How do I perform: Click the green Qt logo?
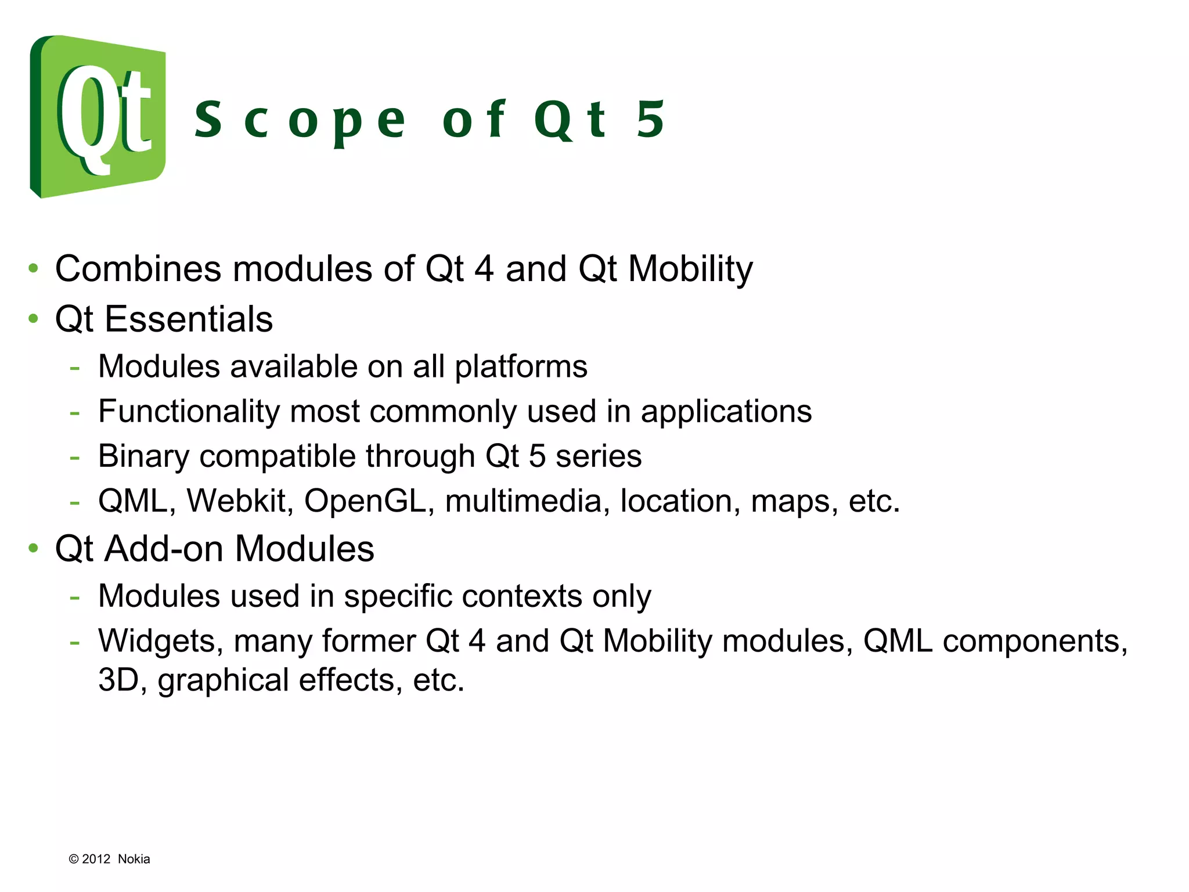click(x=98, y=116)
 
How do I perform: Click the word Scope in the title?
click(x=300, y=120)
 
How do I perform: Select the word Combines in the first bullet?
click(x=138, y=269)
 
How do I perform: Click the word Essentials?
click(x=188, y=319)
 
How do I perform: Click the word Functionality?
click(x=189, y=412)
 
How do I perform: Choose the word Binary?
click(x=143, y=456)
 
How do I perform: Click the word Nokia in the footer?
click(x=134, y=859)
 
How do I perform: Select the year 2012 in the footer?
click(x=96, y=859)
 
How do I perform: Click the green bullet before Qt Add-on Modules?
click(x=34, y=548)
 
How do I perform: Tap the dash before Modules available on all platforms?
click(x=74, y=368)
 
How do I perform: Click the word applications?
click(x=726, y=412)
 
